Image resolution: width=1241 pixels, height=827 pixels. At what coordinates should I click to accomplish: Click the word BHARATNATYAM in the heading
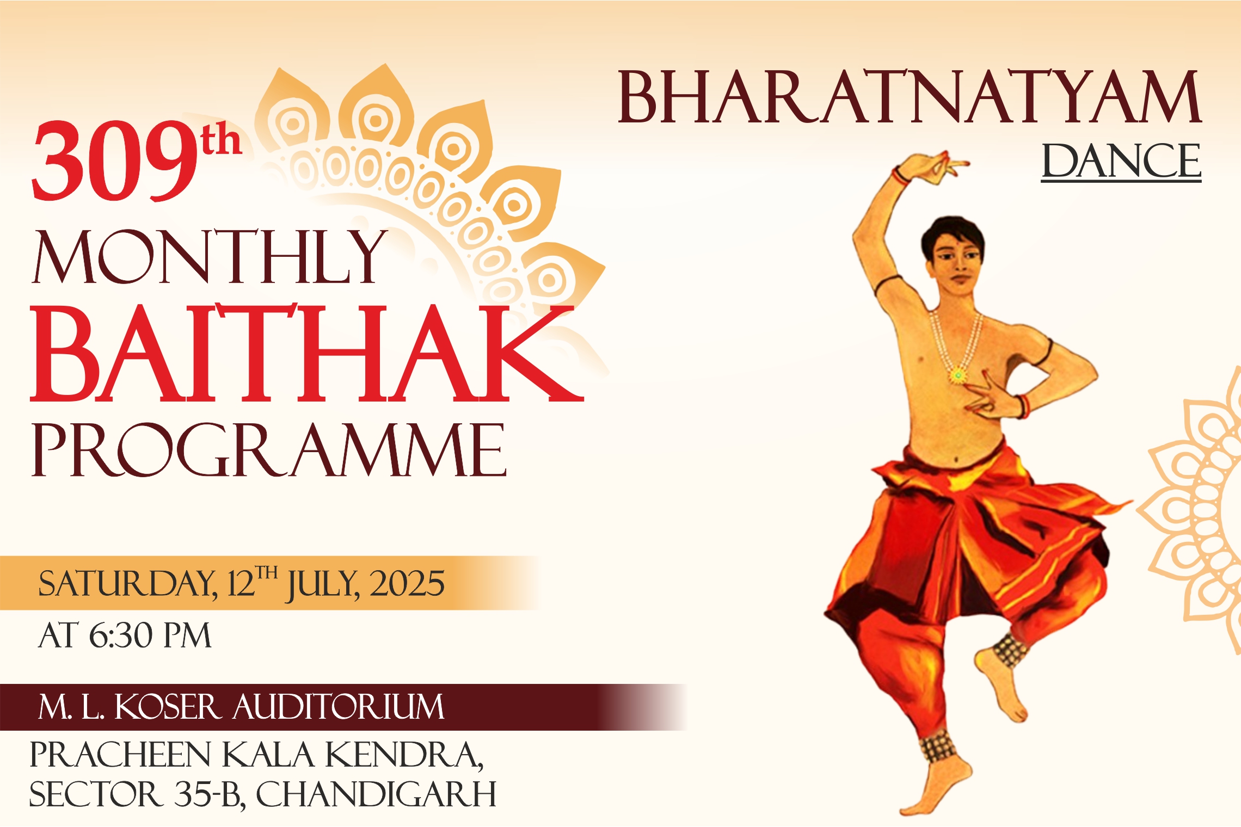click(x=908, y=98)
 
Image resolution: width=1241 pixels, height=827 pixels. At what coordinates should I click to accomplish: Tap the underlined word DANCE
click(x=1121, y=161)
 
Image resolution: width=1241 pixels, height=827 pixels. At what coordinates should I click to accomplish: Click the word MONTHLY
click(x=210, y=257)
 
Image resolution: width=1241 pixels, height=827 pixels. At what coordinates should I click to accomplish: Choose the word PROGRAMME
click(x=269, y=450)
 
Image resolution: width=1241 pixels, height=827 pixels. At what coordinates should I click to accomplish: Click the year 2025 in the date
click(x=407, y=584)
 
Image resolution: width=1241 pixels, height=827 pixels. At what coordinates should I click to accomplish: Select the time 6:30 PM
click(x=150, y=635)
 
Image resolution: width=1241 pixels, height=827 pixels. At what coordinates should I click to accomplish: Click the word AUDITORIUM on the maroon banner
click(x=339, y=707)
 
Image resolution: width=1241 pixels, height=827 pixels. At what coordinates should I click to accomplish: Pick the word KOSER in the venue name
click(x=168, y=707)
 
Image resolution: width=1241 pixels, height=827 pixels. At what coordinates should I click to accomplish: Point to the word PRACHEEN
click(x=120, y=755)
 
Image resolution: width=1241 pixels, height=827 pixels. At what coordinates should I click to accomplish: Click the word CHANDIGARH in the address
click(x=376, y=795)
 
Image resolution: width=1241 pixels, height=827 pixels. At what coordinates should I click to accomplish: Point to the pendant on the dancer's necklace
click(x=957, y=375)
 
